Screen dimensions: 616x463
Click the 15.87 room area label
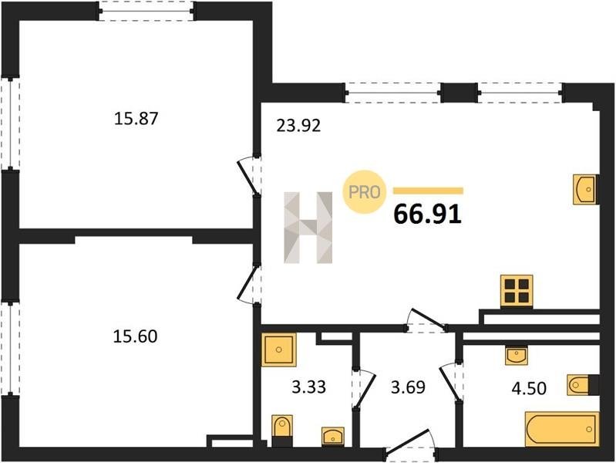point(136,118)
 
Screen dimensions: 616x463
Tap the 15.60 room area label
point(135,336)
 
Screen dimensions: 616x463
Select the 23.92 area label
point(298,126)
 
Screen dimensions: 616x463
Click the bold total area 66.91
point(427,215)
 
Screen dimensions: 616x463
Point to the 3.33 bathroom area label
point(309,387)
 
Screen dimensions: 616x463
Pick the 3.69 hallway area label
point(408,387)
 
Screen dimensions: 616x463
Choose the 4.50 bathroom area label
point(529,388)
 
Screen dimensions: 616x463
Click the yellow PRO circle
point(364,192)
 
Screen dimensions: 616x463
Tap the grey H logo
point(308,228)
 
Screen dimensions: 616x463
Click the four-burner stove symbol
point(517,291)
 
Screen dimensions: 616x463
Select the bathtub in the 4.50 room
point(562,429)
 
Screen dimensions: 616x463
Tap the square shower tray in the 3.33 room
point(278,350)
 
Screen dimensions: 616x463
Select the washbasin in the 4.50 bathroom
point(517,356)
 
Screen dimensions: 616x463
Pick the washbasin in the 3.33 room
point(333,437)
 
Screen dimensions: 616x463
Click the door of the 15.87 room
point(247,177)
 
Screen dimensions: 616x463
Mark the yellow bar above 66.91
point(428,191)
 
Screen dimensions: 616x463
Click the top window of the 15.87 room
point(146,11)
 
